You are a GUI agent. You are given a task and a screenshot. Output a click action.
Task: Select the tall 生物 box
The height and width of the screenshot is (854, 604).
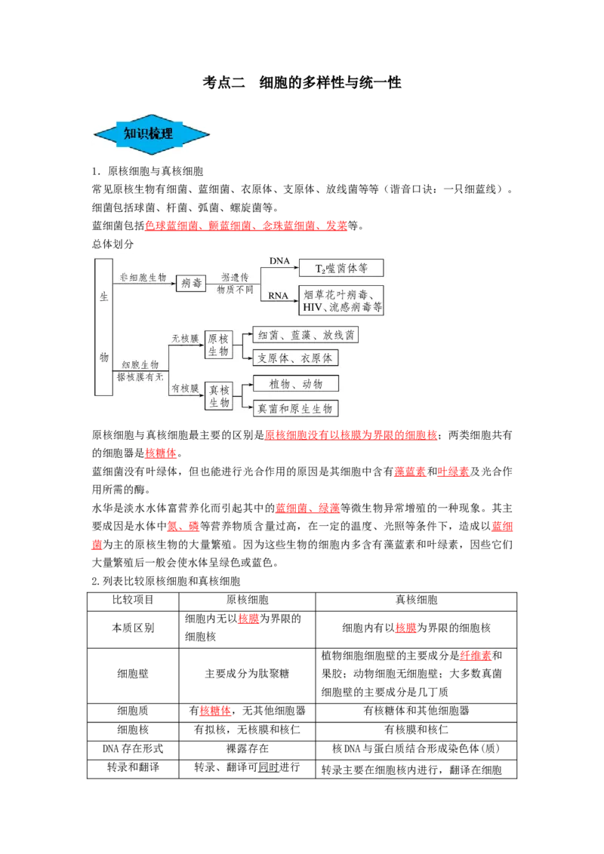click(x=104, y=327)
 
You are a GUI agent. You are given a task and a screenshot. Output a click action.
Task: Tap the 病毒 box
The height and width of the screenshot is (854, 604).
click(x=191, y=284)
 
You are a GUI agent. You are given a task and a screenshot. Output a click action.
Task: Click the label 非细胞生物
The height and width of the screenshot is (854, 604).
click(x=143, y=278)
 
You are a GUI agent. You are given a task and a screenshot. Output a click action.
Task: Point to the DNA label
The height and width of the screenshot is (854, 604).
click(x=279, y=261)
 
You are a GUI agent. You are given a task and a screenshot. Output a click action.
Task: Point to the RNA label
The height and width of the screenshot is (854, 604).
click(x=279, y=296)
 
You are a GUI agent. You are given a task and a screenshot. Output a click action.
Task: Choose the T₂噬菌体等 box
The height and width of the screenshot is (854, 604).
click(x=341, y=268)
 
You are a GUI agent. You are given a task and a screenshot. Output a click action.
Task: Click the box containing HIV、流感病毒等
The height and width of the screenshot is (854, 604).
click(x=342, y=301)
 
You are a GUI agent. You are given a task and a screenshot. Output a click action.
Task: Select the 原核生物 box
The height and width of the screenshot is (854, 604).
click(x=219, y=345)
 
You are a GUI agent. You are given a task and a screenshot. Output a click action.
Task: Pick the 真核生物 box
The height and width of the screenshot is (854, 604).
click(x=219, y=395)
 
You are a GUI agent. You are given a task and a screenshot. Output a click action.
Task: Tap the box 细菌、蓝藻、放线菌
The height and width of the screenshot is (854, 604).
click(x=306, y=335)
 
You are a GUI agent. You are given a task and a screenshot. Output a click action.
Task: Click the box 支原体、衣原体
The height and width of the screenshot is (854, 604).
click(x=295, y=358)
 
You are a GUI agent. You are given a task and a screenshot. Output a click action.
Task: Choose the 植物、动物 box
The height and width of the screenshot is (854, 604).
click(x=295, y=383)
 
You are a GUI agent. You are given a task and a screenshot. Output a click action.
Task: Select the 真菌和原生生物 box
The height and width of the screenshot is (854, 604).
click(x=295, y=408)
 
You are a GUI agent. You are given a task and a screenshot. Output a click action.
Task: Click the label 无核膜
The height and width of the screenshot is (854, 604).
click(x=185, y=339)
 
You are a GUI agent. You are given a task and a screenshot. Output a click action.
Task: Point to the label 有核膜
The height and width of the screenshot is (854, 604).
click(x=185, y=389)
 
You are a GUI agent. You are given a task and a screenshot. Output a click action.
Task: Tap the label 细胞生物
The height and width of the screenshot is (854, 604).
click(x=140, y=364)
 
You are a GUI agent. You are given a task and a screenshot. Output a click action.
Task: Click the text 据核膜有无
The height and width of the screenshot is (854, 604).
click(x=140, y=376)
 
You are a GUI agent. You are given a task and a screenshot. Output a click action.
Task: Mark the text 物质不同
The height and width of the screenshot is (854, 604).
click(x=235, y=289)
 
